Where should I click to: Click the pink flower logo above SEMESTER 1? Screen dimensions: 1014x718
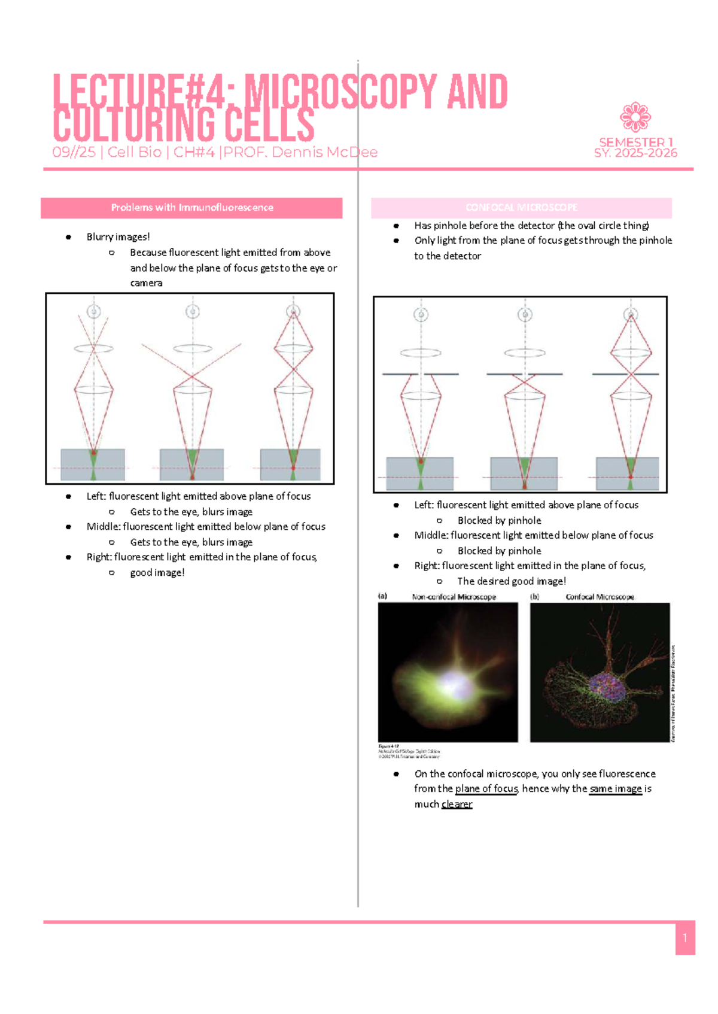[x=635, y=117]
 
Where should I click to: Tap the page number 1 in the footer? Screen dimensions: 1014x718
[x=685, y=938]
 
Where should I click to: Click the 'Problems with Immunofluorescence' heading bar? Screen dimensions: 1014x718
[x=191, y=208]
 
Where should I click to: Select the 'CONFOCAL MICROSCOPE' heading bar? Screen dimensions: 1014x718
[x=521, y=208]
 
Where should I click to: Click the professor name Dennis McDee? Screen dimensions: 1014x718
[x=324, y=153]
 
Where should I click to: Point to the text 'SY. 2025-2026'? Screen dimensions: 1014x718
[x=635, y=153]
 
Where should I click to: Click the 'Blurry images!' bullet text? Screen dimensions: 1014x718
[x=118, y=237]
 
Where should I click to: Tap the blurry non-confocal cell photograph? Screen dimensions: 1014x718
[x=448, y=672]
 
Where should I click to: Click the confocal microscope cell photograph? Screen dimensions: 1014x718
[x=600, y=672]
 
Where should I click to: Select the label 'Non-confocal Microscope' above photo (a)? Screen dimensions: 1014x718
[x=454, y=597]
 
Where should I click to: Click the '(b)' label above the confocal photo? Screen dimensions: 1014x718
[x=535, y=597]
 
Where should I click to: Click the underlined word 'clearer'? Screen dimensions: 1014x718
[x=457, y=804]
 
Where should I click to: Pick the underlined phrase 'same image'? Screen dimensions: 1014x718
[x=615, y=789]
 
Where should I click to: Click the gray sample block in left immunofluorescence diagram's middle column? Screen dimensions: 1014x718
[x=191, y=465]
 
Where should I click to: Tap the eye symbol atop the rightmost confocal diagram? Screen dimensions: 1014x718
[x=631, y=314]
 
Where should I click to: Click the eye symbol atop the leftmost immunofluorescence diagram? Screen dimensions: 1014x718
[x=94, y=311]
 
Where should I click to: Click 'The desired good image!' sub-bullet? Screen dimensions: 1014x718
[x=511, y=581]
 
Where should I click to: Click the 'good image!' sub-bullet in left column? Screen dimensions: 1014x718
[x=157, y=573]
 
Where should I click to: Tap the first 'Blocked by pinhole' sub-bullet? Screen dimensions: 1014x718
[x=499, y=521]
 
